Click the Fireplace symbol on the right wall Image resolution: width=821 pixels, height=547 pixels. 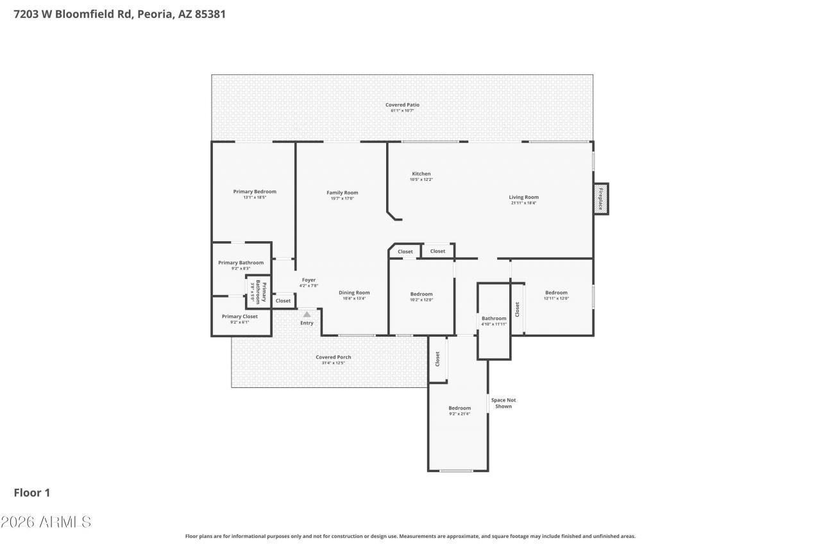tap(600, 199)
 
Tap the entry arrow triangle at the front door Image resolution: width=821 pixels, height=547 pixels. tap(307, 314)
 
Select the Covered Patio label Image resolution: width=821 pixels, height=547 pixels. tap(402, 105)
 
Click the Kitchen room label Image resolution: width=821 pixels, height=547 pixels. tap(421, 174)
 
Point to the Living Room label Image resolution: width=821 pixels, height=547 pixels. tap(523, 198)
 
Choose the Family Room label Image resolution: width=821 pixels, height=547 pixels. tap(342, 192)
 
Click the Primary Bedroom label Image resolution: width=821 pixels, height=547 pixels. tap(255, 192)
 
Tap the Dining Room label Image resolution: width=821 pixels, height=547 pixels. tap(354, 293)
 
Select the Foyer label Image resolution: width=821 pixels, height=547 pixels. tap(309, 280)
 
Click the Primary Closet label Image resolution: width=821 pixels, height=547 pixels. tap(239, 316)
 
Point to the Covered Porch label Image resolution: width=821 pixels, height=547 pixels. tap(333, 357)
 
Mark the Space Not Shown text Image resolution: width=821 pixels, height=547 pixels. tap(503, 403)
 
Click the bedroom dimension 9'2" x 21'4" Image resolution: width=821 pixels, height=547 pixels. tap(459, 414)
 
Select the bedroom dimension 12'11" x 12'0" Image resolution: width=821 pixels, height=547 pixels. tap(556, 298)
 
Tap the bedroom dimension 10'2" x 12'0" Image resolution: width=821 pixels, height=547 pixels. tap(421, 299)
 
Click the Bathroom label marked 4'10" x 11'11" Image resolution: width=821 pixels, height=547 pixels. tap(494, 319)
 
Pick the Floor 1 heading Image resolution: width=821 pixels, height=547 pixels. tap(32, 492)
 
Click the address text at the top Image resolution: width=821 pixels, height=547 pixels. tap(119, 13)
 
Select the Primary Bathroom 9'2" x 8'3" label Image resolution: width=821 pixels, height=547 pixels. tap(241, 263)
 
